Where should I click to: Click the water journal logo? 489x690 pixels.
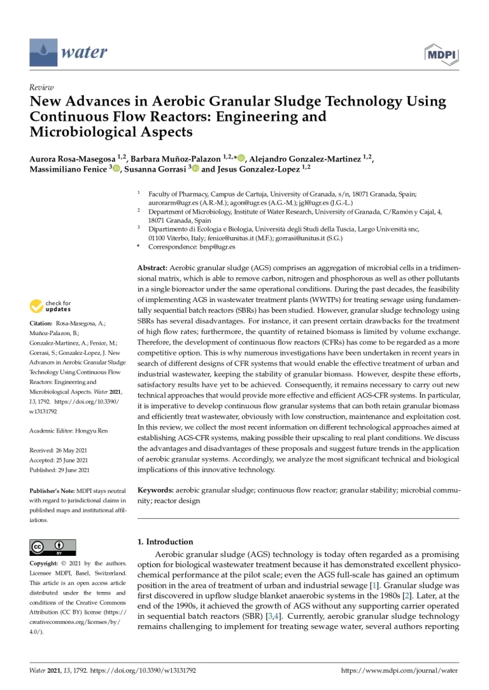[69, 52]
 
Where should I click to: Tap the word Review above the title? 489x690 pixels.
[41, 87]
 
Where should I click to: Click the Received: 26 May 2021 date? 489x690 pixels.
[59, 450]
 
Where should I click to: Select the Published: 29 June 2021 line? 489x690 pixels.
[60, 470]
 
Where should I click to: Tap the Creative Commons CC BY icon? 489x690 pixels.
[53, 547]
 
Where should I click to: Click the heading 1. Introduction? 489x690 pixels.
[166, 542]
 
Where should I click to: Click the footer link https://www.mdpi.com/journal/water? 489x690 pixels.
[399, 670]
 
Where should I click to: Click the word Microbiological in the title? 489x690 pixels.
[83, 132]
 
